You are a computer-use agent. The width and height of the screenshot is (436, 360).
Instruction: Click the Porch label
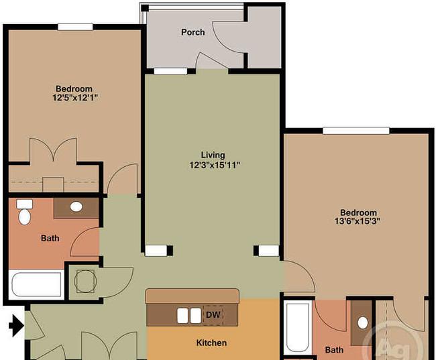(193, 32)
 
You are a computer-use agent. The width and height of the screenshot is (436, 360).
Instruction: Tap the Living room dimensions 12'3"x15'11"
(215, 166)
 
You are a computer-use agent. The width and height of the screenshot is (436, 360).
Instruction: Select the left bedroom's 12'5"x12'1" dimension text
(75, 98)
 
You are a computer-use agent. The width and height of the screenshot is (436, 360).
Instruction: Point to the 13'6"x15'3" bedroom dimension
(358, 221)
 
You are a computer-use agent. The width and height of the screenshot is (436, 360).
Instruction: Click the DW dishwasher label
(213, 314)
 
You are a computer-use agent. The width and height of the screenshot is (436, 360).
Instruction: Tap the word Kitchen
(211, 343)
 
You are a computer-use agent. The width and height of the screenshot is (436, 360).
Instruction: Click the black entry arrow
(16, 325)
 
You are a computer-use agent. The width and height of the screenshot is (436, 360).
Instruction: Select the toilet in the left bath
(24, 212)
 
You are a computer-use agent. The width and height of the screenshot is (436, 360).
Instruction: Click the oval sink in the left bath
(76, 207)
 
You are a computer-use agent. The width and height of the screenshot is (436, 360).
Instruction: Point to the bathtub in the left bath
(36, 284)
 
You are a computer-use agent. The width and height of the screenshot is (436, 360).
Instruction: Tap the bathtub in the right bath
(298, 328)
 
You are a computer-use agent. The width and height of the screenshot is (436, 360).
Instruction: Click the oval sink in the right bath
(363, 323)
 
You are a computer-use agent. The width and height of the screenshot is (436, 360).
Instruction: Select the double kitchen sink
(189, 316)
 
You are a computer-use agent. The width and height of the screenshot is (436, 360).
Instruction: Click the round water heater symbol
(86, 281)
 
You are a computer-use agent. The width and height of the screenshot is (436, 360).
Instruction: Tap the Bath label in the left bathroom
(50, 238)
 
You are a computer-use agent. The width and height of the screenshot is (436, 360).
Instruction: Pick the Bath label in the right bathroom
(334, 350)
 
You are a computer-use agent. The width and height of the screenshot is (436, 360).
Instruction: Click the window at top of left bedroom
(75, 27)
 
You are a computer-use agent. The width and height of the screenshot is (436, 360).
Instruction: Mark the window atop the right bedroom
(356, 131)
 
